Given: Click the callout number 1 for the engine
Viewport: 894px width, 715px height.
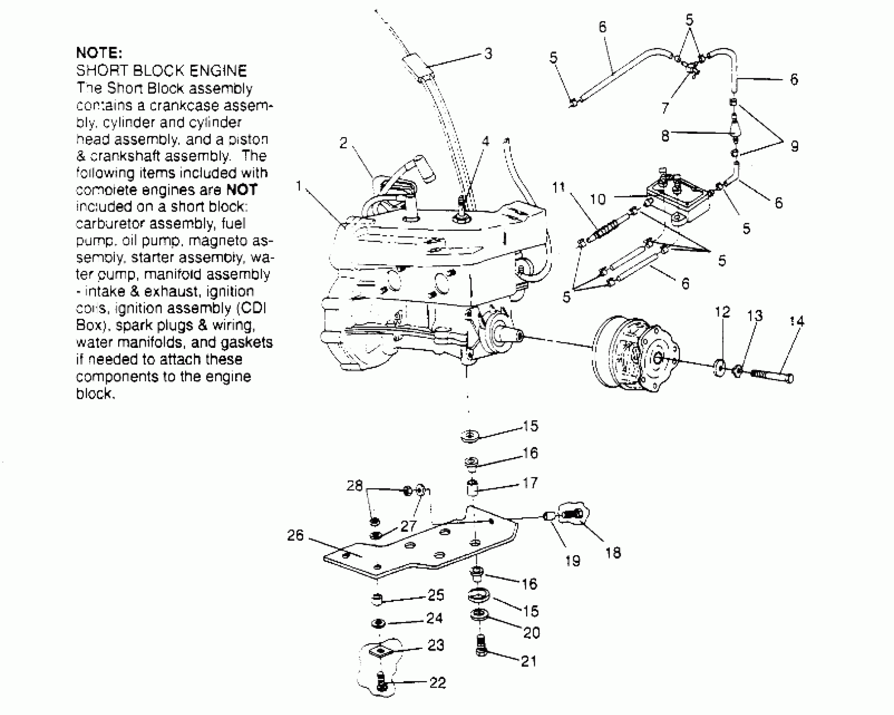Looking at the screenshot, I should click(x=299, y=185).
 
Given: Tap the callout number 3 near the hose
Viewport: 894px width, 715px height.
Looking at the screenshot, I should click(x=488, y=54).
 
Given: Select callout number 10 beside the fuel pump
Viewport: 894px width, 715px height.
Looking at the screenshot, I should click(x=598, y=199).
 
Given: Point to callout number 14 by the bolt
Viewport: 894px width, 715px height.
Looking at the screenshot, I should click(x=796, y=321).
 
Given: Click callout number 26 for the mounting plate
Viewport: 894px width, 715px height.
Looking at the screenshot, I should click(x=295, y=535).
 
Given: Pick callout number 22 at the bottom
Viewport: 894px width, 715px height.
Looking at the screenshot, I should click(x=437, y=683).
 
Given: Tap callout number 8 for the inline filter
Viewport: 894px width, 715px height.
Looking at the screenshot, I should click(x=665, y=136).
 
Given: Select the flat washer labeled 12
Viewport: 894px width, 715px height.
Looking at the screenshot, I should click(x=719, y=368).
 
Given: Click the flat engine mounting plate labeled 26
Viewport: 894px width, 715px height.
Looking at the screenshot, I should click(x=421, y=551).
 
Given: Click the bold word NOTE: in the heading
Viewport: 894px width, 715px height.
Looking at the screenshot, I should click(x=99, y=53).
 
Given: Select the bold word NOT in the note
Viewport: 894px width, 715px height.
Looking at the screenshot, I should click(x=241, y=190).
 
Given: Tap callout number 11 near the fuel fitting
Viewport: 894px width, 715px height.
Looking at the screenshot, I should click(x=558, y=188).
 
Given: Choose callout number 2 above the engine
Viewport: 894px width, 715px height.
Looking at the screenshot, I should click(x=344, y=143).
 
